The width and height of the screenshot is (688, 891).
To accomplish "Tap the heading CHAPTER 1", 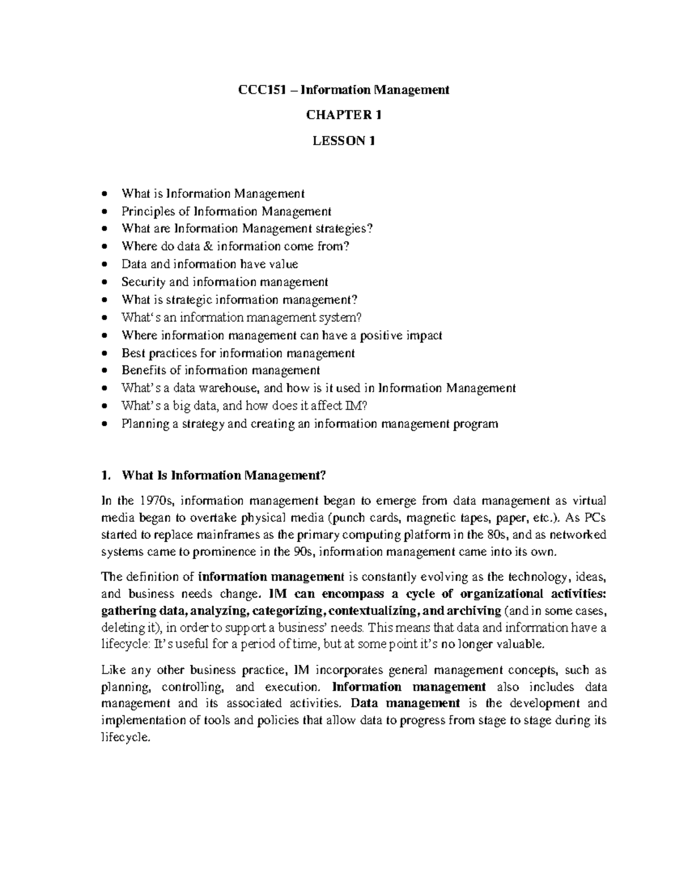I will click(x=343, y=115).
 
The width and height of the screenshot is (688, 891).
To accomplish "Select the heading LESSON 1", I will click(x=343, y=141).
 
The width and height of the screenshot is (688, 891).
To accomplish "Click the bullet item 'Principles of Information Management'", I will click(x=226, y=211).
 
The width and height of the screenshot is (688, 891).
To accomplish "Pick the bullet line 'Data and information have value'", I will click(x=210, y=264).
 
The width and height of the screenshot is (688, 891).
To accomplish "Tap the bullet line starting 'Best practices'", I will click(x=238, y=353).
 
